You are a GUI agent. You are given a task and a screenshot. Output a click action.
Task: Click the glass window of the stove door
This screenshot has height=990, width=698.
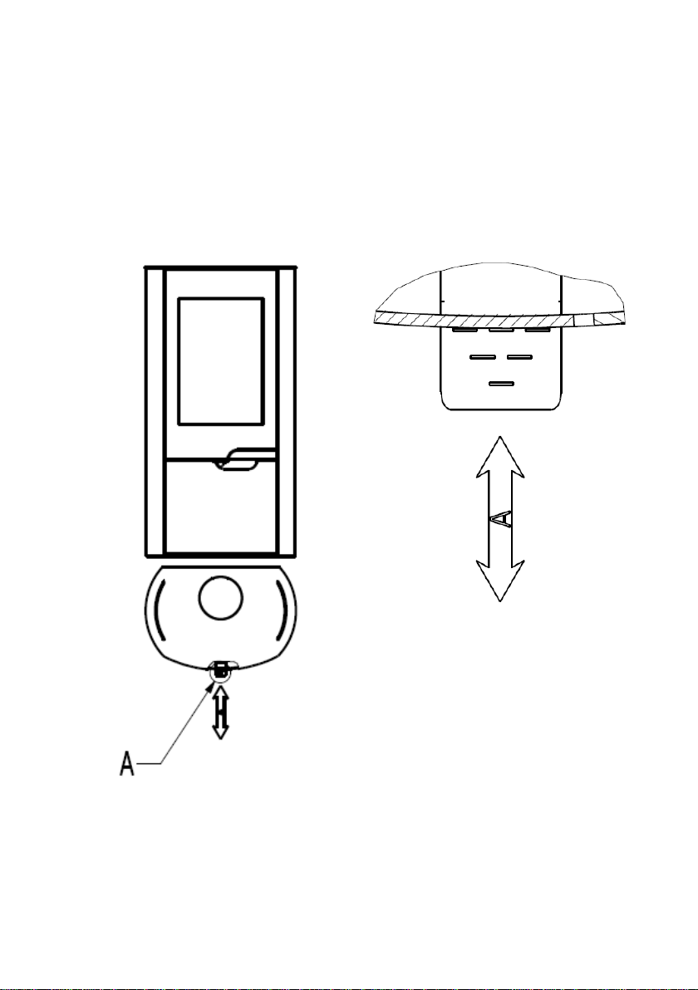[x=220, y=361]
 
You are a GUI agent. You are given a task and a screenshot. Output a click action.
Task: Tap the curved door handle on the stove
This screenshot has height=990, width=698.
[x=243, y=459]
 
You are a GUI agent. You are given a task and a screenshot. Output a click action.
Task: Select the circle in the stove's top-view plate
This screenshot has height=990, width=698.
[x=220, y=597]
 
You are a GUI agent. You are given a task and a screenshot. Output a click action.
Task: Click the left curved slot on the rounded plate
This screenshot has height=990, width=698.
[x=158, y=609]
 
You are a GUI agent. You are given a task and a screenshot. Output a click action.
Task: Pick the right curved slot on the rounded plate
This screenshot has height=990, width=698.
[x=283, y=609]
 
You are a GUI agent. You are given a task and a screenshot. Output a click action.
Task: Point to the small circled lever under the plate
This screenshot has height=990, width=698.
[x=220, y=671]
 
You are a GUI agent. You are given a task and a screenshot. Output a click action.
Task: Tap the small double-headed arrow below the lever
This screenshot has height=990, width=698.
[x=220, y=713]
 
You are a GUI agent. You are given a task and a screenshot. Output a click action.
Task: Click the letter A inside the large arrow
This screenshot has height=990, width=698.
[x=500, y=519]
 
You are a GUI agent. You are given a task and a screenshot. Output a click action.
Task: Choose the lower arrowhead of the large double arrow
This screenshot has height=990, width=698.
[x=500, y=581]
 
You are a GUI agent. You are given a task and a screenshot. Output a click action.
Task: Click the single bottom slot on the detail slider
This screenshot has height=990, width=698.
[x=502, y=383]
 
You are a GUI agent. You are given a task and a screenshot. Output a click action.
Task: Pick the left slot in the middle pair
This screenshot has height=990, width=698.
[x=483, y=357]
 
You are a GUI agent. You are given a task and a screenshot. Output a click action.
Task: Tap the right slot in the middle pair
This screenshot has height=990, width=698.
[x=520, y=357]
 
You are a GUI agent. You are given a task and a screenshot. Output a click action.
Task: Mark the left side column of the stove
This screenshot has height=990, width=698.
[x=155, y=412]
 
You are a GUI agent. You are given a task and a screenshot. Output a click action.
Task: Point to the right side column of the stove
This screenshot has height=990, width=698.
[x=286, y=412]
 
